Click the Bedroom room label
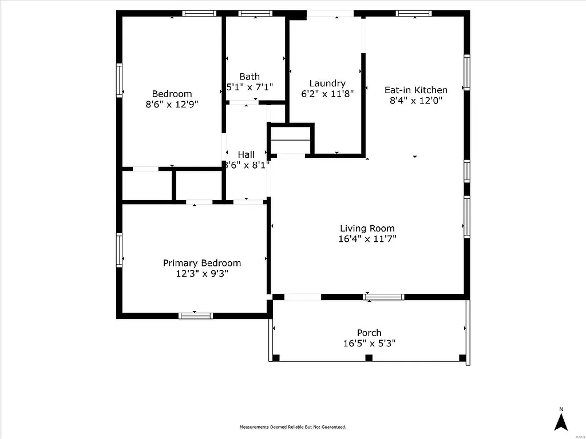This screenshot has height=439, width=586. pos(172,94)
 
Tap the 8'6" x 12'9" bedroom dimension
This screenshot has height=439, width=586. pos(172,105)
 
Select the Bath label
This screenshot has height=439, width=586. pos(250,77)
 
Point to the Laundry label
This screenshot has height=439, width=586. pos(327,83)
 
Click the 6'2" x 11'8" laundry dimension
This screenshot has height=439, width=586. pos(327,94)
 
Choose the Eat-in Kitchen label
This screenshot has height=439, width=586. pos(415,90)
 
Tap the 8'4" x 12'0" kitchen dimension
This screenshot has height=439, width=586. pos(415,100)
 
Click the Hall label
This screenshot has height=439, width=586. pos(246,154)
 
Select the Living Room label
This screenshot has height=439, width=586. pos(367,229)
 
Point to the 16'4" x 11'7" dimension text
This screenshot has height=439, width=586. pos(367,239)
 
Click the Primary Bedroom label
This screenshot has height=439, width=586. pos(202,263)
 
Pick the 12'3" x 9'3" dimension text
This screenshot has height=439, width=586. pos(202,274)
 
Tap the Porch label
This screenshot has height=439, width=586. pos(369,333)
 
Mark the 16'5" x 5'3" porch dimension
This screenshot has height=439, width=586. pos(369,344)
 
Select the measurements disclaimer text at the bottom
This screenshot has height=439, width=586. pos(292,427)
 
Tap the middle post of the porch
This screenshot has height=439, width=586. pos(369,358)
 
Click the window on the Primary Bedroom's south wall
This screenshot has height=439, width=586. pos(196,316)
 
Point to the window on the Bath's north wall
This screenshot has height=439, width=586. pos(255,13)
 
